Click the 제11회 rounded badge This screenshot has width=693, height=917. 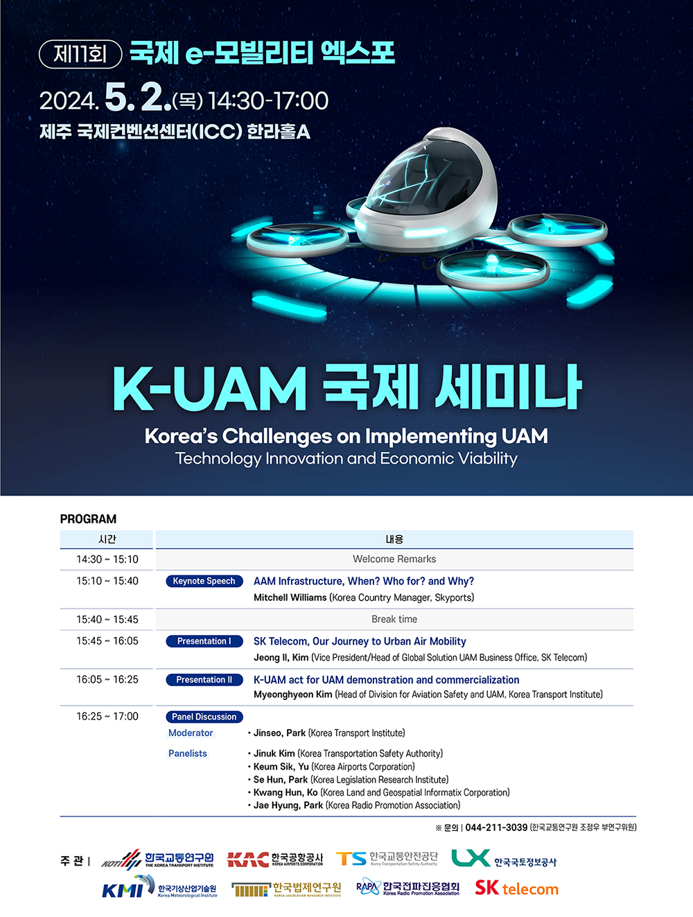[x=80, y=54]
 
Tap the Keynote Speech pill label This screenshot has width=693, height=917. [x=204, y=581]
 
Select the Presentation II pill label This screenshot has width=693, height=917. [x=204, y=680]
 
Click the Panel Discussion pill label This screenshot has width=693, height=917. [x=204, y=717]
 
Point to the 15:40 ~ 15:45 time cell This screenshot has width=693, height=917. [x=107, y=619]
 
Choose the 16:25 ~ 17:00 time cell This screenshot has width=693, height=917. [x=107, y=716]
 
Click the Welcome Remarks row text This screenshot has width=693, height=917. [x=394, y=559]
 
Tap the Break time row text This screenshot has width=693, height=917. [x=394, y=619]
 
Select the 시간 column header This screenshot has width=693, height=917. [x=107, y=539]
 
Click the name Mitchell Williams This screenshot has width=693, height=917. [x=290, y=597]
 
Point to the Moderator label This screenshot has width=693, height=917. [x=191, y=733]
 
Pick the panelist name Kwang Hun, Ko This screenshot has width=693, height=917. [x=286, y=792]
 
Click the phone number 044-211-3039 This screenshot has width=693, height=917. [x=496, y=828]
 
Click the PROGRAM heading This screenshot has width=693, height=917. [x=88, y=519]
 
